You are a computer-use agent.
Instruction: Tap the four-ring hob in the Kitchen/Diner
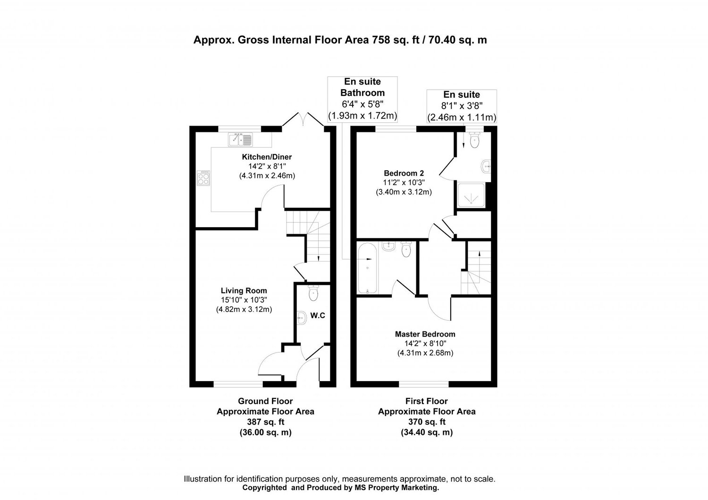(204, 178)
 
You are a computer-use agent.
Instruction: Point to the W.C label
(318, 315)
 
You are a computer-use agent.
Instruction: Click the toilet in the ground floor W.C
(312, 294)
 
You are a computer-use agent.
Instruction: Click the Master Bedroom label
(425, 334)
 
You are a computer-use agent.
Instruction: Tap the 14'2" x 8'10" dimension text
(425, 343)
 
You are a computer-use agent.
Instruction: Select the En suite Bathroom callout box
(362, 99)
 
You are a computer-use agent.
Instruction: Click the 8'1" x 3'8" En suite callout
(461, 106)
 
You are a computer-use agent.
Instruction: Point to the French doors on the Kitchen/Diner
(303, 120)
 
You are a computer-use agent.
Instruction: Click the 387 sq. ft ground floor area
(265, 422)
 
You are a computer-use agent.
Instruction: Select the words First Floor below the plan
(427, 401)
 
